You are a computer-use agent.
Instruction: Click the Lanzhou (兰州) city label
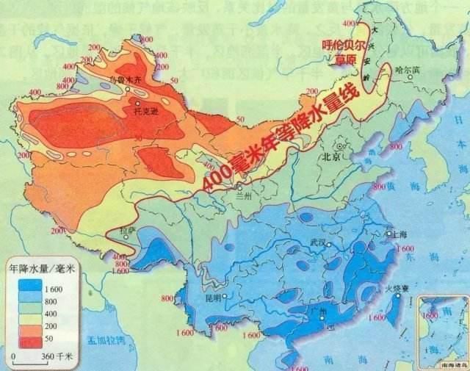pos(242,197)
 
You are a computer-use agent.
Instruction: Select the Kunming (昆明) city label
pos(212,298)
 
